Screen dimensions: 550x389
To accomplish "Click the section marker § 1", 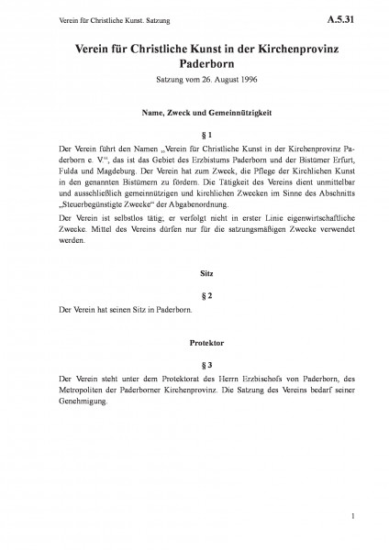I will (x=194, y=135).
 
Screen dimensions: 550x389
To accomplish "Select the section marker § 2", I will (x=194, y=297).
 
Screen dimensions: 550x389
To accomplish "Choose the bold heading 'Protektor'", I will (x=194, y=340).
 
